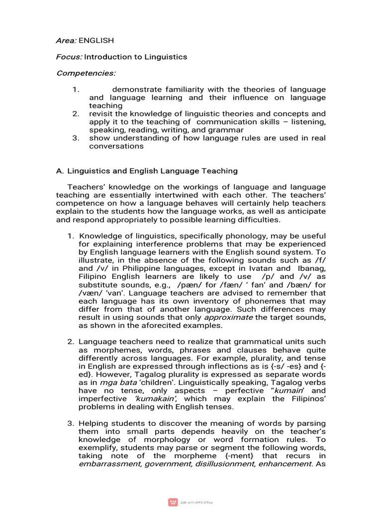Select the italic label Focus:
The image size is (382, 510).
(x=69, y=57)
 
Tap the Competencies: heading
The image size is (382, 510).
(x=86, y=73)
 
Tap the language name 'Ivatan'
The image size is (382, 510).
(x=270, y=268)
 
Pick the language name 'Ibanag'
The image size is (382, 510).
(x=312, y=268)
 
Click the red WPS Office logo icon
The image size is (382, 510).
(x=173, y=502)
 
